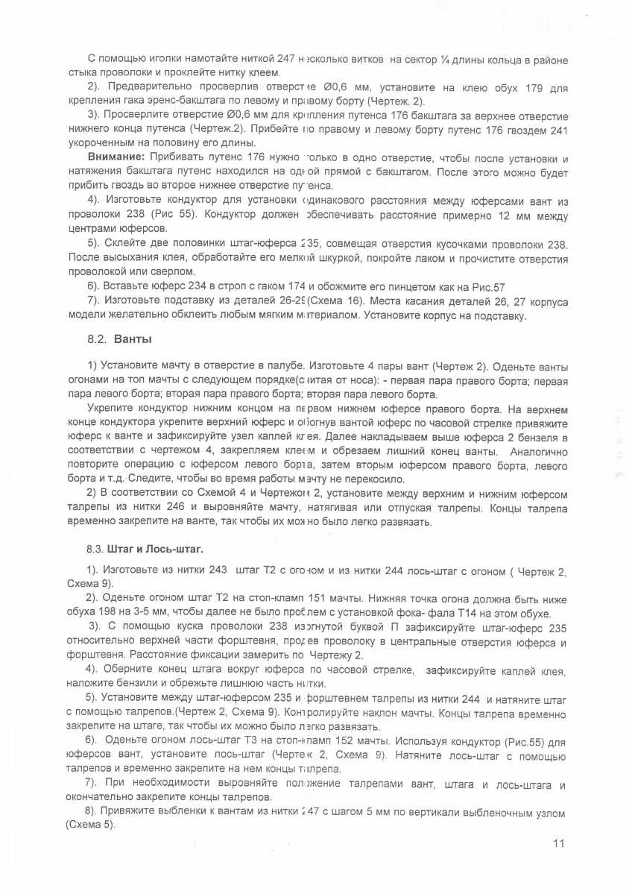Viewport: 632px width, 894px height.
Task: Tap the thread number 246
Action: point(177,508)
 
